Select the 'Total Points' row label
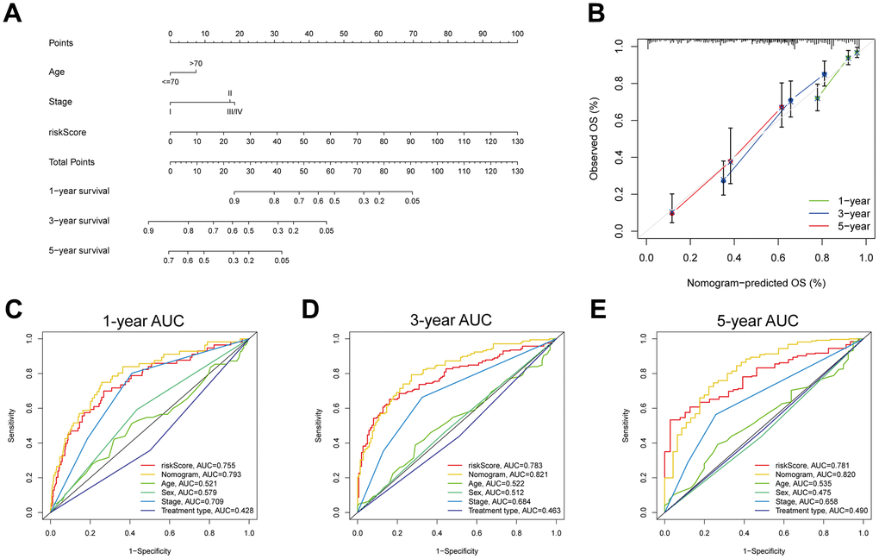[72, 161]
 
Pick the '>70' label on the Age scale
[196, 63]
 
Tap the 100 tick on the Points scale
[516, 34]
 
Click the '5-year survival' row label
[80, 250]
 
